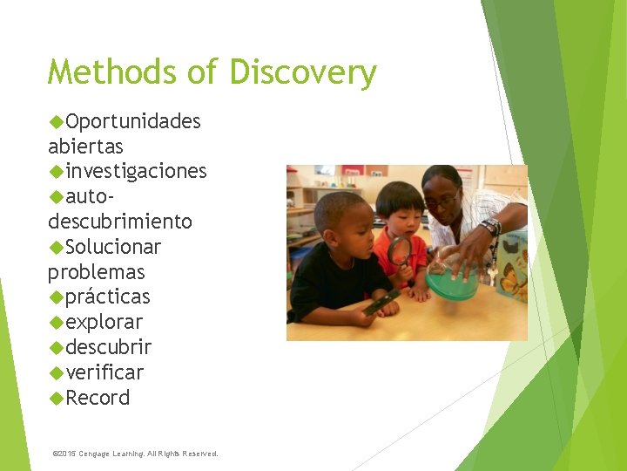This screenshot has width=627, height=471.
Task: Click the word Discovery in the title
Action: point(303,72)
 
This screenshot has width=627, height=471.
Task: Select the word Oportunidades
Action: point(132,121)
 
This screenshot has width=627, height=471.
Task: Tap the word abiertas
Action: point(85,147)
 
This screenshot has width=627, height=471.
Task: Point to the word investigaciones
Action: point(136,171)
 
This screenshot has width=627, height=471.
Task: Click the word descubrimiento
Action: point(120,222)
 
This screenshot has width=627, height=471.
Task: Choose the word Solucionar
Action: point(113,247)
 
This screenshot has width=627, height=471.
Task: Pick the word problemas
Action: point(96,272)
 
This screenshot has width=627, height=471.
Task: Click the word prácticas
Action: point(107,297)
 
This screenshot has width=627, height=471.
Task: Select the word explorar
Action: point(104,323)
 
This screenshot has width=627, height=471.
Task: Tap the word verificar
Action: point(104,373)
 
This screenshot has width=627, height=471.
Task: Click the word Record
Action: point(98,399)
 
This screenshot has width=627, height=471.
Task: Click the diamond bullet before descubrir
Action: point(57,348)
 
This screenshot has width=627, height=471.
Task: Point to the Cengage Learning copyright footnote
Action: point(136,454)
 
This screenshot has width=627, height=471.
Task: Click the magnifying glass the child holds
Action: point(398,251)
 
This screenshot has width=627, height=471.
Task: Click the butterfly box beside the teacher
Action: point(513,265)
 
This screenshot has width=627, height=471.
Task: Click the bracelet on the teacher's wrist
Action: point(490,228)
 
